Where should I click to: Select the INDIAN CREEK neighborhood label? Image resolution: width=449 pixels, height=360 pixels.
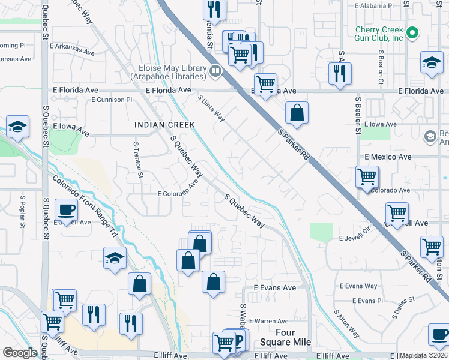coord(165,125)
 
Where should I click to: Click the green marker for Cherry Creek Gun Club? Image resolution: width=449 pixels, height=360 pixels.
coord(412,33)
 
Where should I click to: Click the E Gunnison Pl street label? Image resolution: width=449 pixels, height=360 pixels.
coord(111,100)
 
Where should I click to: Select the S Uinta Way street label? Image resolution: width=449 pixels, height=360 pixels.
coord(211,109)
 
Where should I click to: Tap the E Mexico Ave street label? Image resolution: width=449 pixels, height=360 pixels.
coord(388,157)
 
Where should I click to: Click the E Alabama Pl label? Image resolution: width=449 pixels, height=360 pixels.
coord(374,5)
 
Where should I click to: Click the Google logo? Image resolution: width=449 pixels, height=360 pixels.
coord(20,353)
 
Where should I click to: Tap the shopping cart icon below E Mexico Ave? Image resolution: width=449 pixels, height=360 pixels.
coord(366,177)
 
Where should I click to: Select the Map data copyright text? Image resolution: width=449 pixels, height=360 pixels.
coord(423,355)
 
